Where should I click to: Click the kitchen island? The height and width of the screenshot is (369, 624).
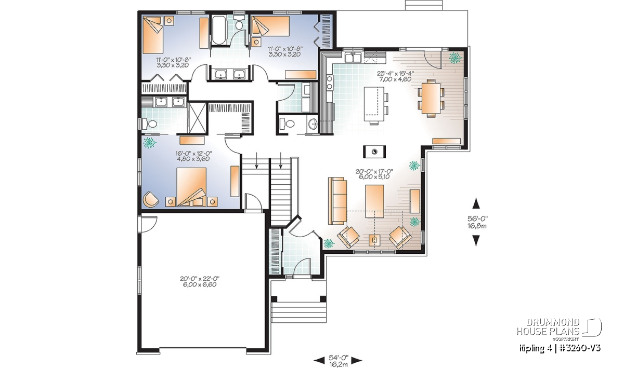point(374,104)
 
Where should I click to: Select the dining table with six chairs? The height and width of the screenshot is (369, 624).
point(431,98)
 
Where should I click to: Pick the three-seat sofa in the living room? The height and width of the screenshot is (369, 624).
point(337,201)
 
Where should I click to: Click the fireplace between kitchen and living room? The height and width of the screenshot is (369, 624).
point(374,152)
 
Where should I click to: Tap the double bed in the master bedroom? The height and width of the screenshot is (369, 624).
point(192,187)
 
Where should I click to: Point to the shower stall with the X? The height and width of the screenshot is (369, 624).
point(197,118)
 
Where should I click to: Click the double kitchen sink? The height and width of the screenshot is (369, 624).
point(354,58)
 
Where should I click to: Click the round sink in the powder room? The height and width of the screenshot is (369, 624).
point(313,124)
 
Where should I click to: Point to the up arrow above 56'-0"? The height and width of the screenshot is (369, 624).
point(476,203)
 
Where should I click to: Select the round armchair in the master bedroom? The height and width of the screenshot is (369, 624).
point(151,199)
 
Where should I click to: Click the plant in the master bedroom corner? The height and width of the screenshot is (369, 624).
point(150,143)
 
